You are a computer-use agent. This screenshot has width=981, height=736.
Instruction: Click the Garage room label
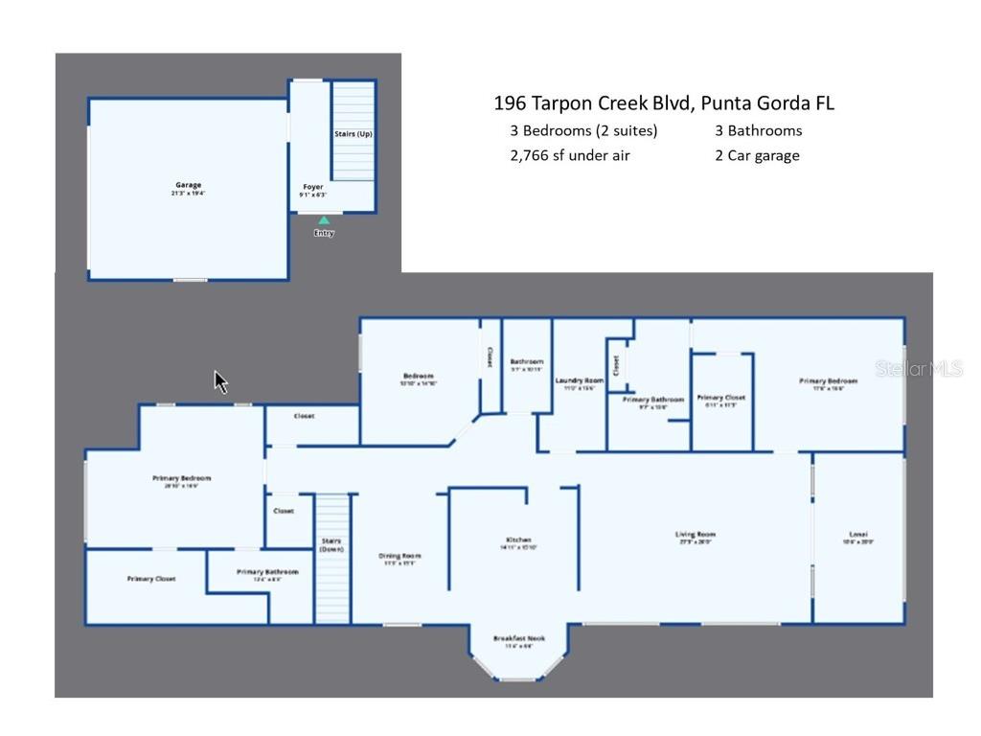(188, 185)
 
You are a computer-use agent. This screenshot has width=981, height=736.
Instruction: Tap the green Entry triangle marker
(324, 220)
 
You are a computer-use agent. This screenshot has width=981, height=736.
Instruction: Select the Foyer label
(313, 187)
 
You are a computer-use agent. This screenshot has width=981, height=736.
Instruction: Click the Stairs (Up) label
(353, 134)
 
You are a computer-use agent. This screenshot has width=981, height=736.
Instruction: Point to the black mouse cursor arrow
(220, 381)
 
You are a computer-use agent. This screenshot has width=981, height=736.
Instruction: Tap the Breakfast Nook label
(519, 638)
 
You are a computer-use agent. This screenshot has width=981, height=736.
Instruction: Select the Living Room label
(696, 534)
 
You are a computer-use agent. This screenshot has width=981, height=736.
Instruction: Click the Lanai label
(858, 534)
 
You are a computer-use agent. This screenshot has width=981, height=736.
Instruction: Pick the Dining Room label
(400, 556)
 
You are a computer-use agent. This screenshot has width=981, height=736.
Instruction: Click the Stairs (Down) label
(331, 544)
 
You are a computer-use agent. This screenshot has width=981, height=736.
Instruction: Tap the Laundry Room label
(579, 380)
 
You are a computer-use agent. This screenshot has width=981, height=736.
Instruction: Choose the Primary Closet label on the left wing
(151, 579)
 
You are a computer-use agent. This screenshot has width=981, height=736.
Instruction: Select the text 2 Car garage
(757, 155)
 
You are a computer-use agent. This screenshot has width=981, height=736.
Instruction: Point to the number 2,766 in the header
(531, 155)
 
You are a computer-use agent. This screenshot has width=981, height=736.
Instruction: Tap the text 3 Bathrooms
(758, 130)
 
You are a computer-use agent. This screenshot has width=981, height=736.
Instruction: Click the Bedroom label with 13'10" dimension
(418, 376)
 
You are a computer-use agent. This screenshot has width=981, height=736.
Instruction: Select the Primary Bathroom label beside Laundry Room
(653, 400)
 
